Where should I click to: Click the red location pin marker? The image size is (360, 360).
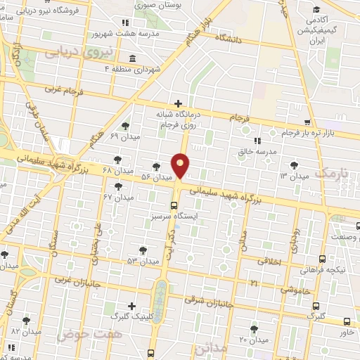click(x=181, y=165)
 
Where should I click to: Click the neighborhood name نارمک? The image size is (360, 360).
click(x=331, y=172)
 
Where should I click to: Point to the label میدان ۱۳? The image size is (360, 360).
click(x=275, y=175)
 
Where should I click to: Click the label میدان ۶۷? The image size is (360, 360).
click(x=117, y=198)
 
